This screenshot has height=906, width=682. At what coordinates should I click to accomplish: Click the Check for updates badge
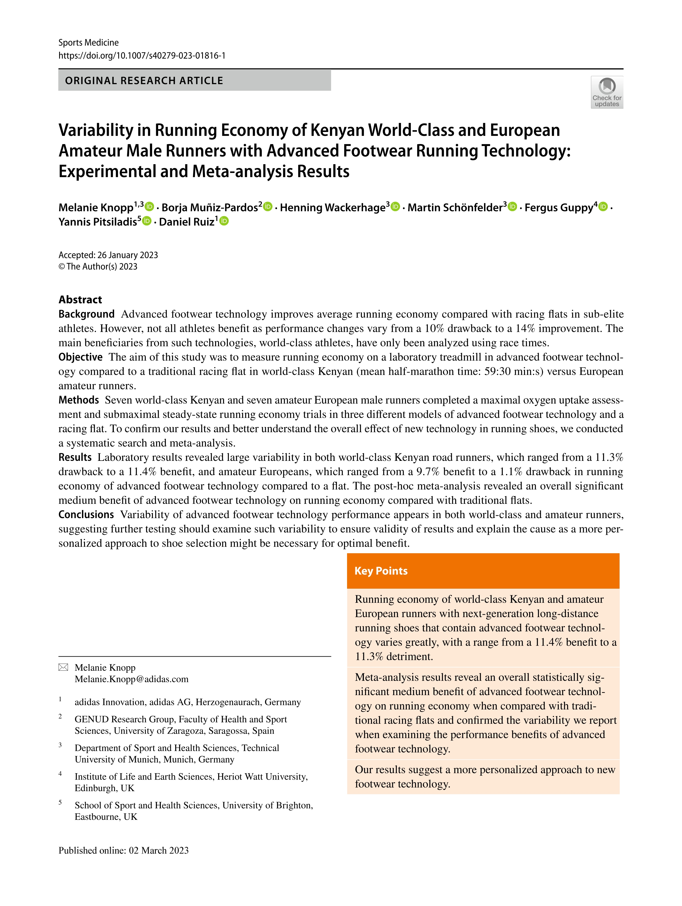[x=607, y=92]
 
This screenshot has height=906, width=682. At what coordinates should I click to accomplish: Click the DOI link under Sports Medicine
[x=142, y=56]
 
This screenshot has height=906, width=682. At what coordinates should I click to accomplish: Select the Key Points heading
[x=381, y=571]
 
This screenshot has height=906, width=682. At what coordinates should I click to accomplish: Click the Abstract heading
[x=80, y=299]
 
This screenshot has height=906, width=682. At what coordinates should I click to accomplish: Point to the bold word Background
[x=86, y=314]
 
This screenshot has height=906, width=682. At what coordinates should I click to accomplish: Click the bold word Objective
[x=80, y=357]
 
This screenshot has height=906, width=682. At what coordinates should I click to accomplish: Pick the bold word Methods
[x=79, y=400]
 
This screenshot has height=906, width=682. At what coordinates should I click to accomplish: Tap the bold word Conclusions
[x=86, y=514]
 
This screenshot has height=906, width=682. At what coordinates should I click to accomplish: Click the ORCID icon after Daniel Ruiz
[x=224, y=221]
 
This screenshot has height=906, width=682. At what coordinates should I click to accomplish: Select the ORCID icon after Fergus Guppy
[x=603, y=207]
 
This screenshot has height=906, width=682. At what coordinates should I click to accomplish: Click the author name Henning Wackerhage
[x=332, y=208]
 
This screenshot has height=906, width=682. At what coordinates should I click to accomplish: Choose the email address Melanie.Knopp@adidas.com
[x=131, y=679]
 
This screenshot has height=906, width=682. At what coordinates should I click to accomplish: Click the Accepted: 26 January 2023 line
[x=108, y=255]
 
